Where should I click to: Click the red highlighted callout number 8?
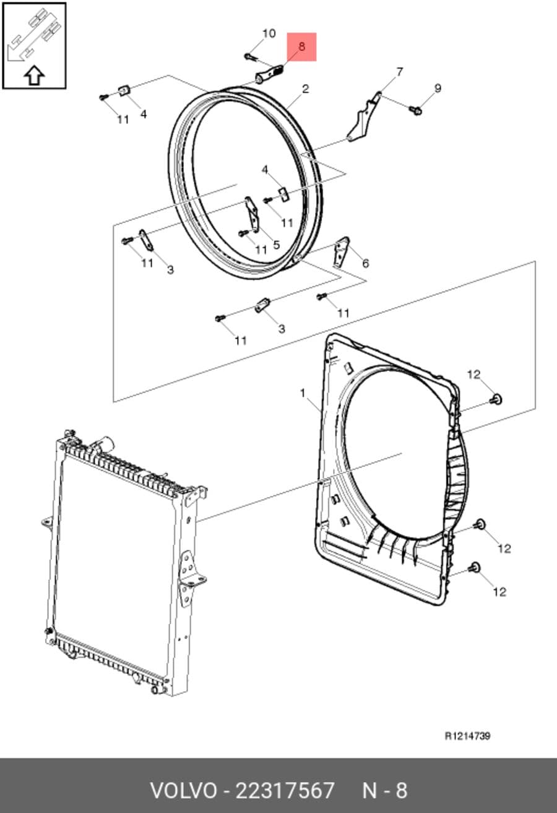tap(301, 46)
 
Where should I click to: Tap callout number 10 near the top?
tap(269, 33)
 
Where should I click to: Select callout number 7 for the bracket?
tap(399, 72)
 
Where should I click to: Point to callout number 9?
tap(438, 88)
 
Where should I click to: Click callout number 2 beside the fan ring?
tap(306, 89)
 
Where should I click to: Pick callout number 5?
tap(277, 245)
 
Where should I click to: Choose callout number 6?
tap(365, 264)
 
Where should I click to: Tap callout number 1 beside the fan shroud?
tap(303, 393)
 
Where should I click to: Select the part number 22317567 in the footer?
tap(285, 789)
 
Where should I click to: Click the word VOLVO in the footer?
tap(184, 789)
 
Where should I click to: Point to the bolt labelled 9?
tap(415, 109)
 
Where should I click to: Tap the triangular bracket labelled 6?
tap(341, 253)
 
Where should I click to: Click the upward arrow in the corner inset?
tap(35, 75)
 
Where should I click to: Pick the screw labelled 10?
tap(249, 56)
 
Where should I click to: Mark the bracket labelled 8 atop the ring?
tap(270, 73)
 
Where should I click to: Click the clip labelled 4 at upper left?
tap(124, 90)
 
